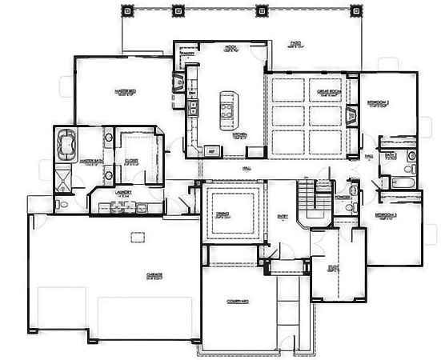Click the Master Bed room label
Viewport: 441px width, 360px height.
coord(123,93)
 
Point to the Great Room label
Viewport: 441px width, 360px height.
coord(334,92)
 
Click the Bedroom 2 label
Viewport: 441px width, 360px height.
coord(378,104)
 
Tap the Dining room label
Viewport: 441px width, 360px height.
coord(224,214)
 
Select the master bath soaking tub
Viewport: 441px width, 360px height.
coord(66,144)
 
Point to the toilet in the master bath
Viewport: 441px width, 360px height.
coord(62,205)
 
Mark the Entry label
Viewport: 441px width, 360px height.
coord(282,216)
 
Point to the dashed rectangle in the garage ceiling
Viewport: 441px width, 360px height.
coord(138,235)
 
